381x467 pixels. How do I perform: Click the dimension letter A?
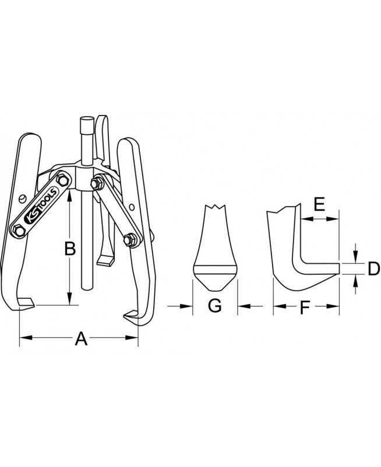(x=81, y=339)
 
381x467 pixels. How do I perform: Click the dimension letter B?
(x=70, y=249)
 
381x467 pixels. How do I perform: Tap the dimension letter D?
(x=373, y=269)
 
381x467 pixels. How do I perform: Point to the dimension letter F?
(x=305, y=308)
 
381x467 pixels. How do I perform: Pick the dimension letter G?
(x=214, y=305)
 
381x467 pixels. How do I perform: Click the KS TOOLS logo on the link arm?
(x=41, y=205)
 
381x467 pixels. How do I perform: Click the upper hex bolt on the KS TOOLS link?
(x=62, y=180)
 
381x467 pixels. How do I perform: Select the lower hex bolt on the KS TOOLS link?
(x=19, y=230)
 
